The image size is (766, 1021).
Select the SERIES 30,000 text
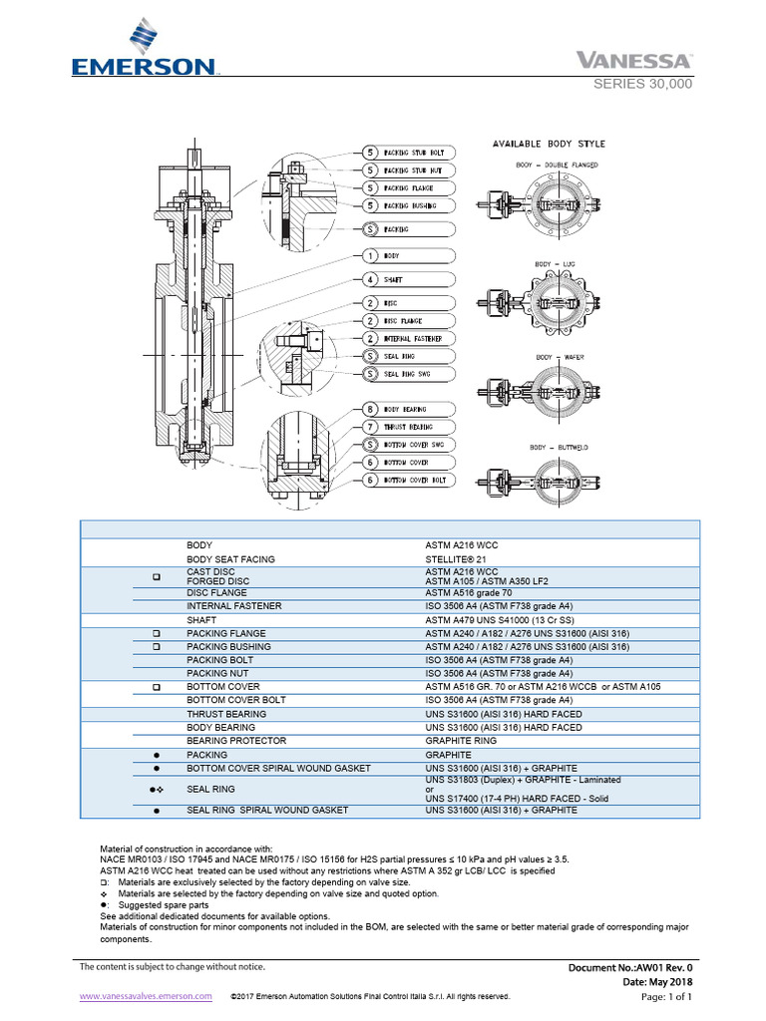point(642,84)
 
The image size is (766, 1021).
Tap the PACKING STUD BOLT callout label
point(414,153)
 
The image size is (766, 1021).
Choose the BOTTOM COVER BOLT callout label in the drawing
point(414,480)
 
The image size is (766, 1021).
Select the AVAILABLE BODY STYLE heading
point(549,144)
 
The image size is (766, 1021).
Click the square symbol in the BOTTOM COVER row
point(157,688)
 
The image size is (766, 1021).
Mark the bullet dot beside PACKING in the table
point(157,755)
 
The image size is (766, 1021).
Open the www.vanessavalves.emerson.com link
point(146,995)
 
